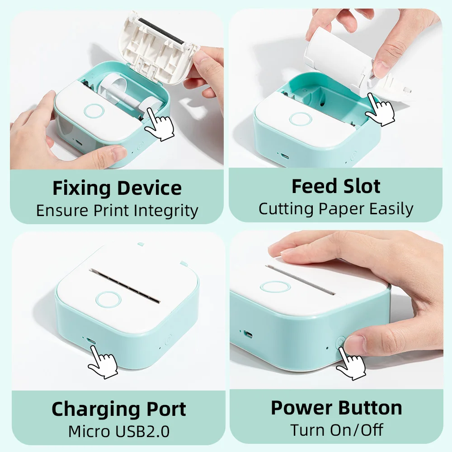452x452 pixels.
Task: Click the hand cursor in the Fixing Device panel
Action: coord(160,125)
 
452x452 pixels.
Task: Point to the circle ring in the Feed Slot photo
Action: coord(300,119)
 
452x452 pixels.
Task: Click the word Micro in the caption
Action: coord(89,431)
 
